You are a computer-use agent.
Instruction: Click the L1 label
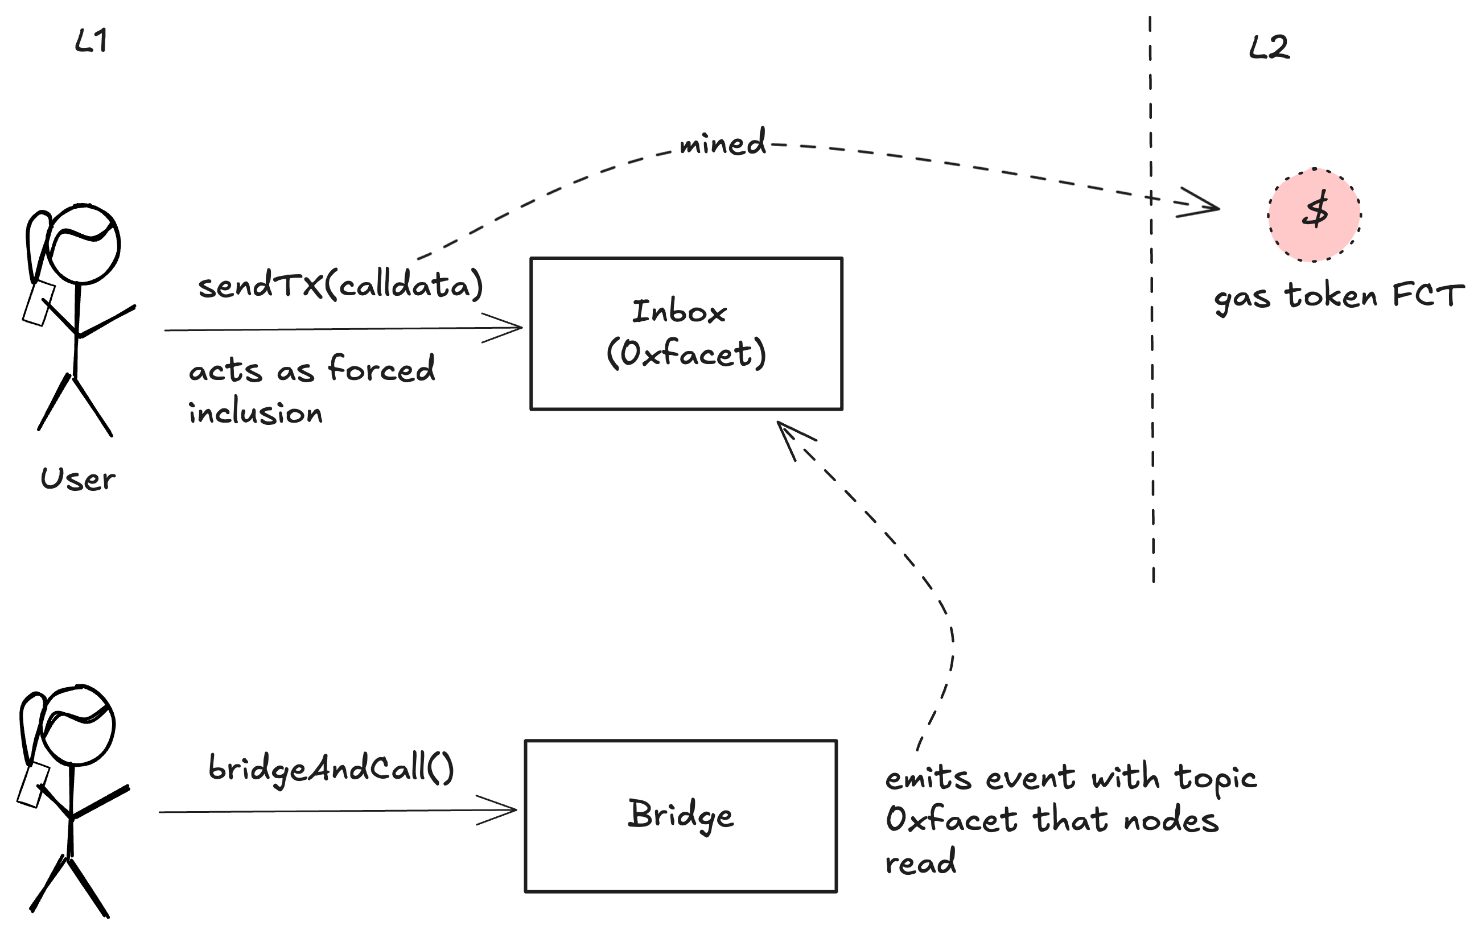click(x=91, y=42)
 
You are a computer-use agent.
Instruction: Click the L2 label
click(x=1269, y=48)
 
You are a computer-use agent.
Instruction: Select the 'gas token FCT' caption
click(x=1338, y=297)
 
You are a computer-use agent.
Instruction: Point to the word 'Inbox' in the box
click(x=680, y=312)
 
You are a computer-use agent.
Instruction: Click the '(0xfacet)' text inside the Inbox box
click(x=686, y=354)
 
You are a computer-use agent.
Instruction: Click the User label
click(x=77, y=480)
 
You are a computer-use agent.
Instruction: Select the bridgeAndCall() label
click(x=331, y=768)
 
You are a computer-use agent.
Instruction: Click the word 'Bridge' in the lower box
click(x=681, y=815)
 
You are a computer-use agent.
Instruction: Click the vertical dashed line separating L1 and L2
click(x=1151, y=369)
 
